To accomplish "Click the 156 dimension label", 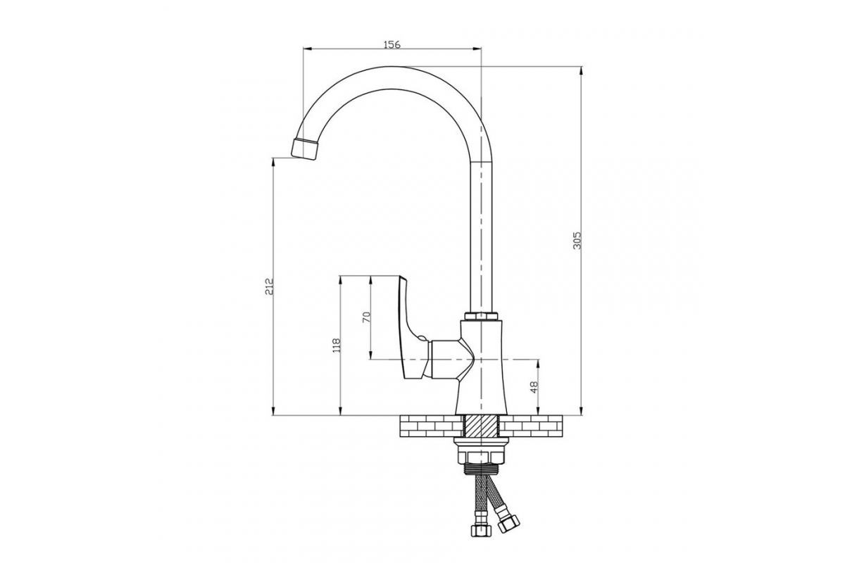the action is coord(392,44).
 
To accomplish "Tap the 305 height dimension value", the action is coord(577,241).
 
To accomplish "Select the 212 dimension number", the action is coord(268,286).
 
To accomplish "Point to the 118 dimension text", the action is coord(336,345).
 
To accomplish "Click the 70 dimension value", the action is coord(367,317).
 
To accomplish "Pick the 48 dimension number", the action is coord(534,387).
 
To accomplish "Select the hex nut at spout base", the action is coord(482,316).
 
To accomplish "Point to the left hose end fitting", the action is coord(480,530).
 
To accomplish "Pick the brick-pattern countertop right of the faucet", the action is coord(531,426).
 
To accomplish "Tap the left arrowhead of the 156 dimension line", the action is coord(308,49).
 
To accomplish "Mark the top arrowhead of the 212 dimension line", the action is coord(273,161).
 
